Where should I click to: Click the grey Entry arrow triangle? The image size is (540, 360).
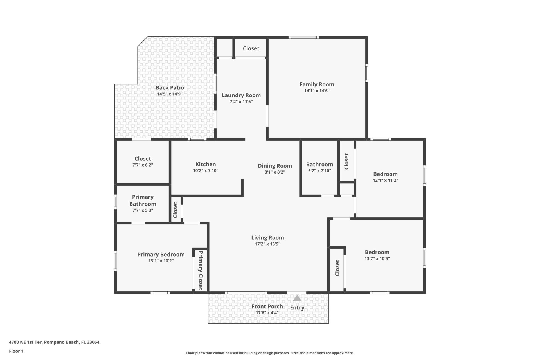click(297, 298)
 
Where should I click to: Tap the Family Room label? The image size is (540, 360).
click(317, 84)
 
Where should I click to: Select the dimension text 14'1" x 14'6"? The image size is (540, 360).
click(317, 91)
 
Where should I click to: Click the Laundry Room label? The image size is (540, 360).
click(241, 95)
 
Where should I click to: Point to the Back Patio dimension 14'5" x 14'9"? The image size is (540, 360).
click(170, 94)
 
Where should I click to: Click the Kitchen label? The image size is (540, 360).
click(206, 164)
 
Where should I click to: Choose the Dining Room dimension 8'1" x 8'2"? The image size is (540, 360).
click(275, 172)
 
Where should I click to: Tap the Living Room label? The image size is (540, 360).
click(267, 238)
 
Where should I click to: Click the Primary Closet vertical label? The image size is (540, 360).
click(201, 270)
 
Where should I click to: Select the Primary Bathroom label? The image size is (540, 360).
click(143, 201)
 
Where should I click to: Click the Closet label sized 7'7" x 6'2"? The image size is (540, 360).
click(143, 159)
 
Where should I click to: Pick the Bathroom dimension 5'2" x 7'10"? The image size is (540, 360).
click(319, 171)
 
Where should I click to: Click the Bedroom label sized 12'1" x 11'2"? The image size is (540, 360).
click(385, 174)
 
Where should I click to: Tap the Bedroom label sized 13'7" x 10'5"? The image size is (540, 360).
click(377, 252)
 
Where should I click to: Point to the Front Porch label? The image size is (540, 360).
click(267, 307)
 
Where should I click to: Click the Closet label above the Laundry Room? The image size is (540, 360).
click(251, 48)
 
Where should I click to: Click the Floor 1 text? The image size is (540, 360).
click(16, 351)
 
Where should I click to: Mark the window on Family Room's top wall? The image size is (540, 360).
click(303, 37)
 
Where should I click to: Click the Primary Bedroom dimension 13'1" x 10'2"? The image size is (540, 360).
click(161, 261)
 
